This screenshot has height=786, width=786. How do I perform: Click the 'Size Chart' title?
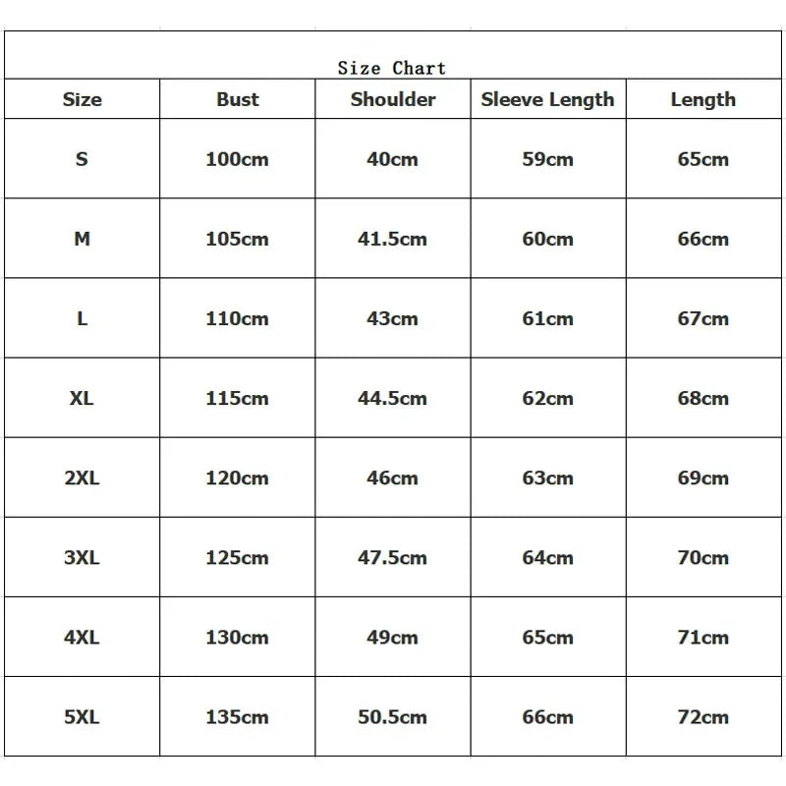[x=392, y=68]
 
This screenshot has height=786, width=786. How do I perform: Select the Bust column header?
[x=238, y=99]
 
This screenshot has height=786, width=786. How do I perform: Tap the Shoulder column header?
[x=393, y=99]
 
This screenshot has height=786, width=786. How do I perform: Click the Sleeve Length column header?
[x=547, y=99]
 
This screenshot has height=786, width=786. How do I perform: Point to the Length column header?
[x=702, y=99]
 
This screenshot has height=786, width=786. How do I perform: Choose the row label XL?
[x=82, y=398]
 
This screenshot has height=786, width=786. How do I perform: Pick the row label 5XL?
[x=82, y=716]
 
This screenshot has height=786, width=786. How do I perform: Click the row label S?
[x=82, y=159]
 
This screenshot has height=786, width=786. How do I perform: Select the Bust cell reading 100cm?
[x=237, y=159]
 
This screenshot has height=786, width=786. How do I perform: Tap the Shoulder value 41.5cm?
[x=392, y=239]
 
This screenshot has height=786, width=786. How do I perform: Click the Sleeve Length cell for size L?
[x=547, y=318]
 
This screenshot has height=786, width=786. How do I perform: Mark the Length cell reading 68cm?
[x=702, y=398]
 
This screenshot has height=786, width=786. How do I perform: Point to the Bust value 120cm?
[x=237, y=477]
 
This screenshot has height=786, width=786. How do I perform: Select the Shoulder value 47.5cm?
[x=392, y=557]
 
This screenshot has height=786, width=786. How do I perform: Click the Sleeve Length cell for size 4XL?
[x=547, y=637]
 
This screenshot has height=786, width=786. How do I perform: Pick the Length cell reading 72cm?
[x=702, y=716]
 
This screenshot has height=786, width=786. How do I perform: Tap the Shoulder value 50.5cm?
[x=392, y=716]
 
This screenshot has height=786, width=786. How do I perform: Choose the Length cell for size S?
[x=702, y=159]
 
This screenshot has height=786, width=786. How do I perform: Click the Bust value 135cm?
[x=237, y=716]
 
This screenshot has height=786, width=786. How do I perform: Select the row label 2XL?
[x=82, y=477]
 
